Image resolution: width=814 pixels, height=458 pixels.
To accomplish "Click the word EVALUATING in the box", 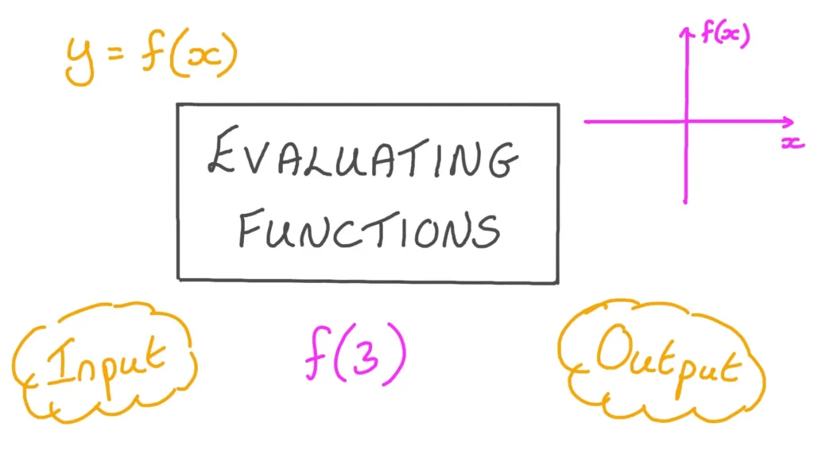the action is coord(362,153).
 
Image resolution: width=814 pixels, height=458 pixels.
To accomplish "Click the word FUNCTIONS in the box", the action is coord(369,229).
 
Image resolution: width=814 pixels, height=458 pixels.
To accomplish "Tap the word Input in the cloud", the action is coord(106,363).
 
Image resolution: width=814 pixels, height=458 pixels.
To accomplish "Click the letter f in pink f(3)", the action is coord(318,353).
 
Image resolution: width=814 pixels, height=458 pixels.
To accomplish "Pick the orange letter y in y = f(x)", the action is coord(79,62).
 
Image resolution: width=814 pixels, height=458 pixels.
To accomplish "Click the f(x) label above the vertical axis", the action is coord(725,33).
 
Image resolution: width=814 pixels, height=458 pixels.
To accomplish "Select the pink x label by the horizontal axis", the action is coord(793,142).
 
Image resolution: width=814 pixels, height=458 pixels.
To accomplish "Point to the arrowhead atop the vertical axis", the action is coord(687,32).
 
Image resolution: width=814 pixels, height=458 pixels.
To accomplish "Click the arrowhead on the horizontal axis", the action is coord(789,122).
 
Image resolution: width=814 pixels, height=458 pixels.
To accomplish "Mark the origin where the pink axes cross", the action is coord(686,122).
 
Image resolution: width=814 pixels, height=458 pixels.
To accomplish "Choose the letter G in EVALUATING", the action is coord(502,159).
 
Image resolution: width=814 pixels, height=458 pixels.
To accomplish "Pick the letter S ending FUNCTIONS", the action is coord(487,231).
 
